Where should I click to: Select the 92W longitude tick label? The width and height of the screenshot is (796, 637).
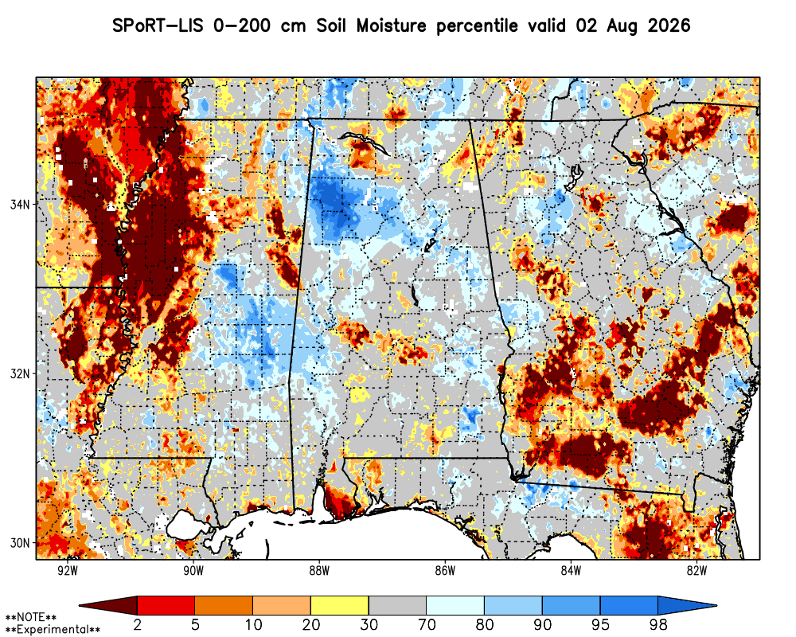(x=68, y=571)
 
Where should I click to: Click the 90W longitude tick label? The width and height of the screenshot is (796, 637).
(x=193, y=571)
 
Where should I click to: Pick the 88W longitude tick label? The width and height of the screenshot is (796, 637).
(x=319, y=571)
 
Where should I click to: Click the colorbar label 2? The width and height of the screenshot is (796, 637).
(x=137, y=624)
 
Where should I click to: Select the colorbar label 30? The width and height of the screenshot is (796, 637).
(x=369, y=624)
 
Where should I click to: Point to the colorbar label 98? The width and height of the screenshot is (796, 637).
(x=658, y=624)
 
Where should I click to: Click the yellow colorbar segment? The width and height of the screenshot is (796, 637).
(x=340, y=605)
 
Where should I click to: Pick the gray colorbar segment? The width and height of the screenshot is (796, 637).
(x=397, y=605)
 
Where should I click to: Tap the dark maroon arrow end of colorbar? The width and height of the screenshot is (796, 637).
(x=108, y=605)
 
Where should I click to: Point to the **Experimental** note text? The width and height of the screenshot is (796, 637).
(x=53, y=629)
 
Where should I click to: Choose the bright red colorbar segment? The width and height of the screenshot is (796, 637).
(x=166, y=605)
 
